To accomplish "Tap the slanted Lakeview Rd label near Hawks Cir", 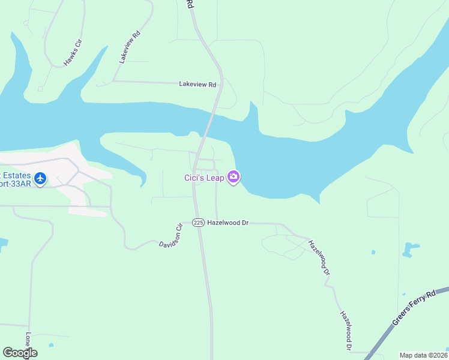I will point(129,47).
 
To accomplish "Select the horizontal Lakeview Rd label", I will point(197,85).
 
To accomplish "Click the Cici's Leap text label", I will point(203,177).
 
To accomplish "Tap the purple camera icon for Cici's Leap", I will point(233,177).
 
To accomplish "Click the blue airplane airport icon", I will point(40,178).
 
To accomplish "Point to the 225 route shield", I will point(199,222).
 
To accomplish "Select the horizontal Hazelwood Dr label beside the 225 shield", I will point(228,223).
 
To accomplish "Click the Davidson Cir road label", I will point(170,236).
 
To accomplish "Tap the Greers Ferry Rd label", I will point(414,308).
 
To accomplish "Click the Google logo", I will point(20,353).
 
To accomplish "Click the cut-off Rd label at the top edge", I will point(190,4).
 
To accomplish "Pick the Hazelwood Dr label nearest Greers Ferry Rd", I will point(345,330).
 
